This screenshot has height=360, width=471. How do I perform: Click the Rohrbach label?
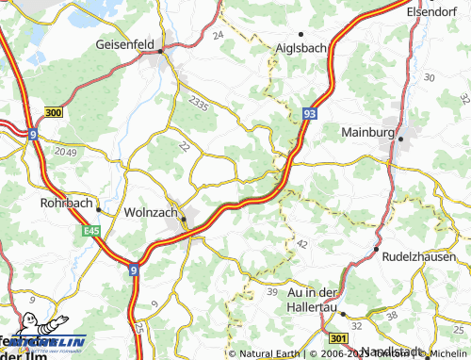coord(65,203)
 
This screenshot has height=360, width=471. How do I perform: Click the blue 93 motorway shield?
coord(309,111)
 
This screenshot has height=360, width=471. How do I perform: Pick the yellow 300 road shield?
coord(54,112)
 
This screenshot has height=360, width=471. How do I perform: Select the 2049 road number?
coord(66,152)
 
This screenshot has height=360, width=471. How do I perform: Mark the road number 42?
coord(302,243)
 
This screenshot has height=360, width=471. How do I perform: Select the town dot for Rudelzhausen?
coord(377,250)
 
